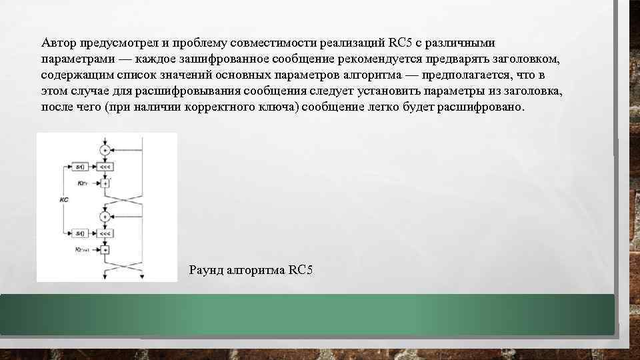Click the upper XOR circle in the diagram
[105, 151]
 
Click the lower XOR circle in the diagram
[105, 217]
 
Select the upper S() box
[79, 167]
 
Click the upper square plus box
[105, 183]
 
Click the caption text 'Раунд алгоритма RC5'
[251, 270]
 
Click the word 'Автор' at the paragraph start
[59, 43]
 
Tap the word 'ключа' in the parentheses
[276, 107]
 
